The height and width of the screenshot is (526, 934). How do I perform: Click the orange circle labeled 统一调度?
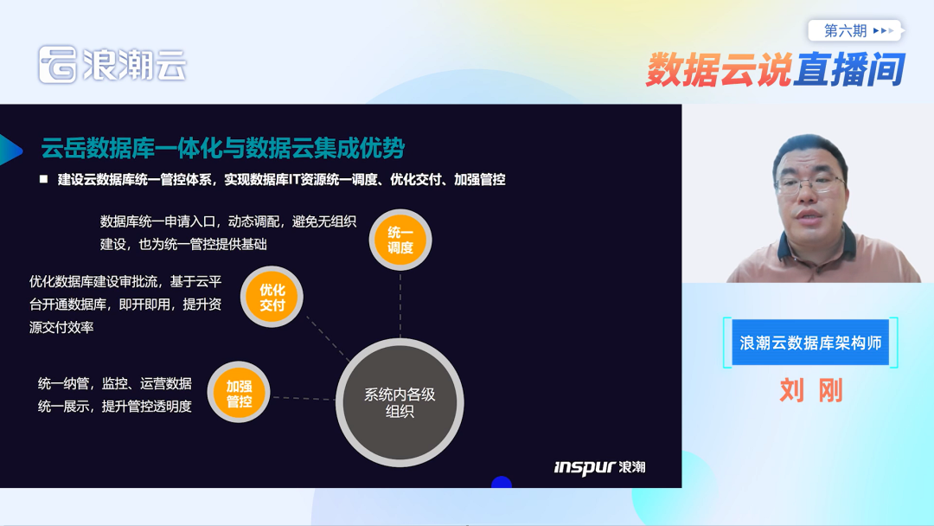point(400,240)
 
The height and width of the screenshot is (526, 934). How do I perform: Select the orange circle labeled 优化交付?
point(272,298)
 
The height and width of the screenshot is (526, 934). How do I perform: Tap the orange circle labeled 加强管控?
point(240,394)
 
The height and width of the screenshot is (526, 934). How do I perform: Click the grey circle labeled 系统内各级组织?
point(400,402)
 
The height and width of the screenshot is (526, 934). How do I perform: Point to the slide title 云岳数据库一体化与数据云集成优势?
point(222,148)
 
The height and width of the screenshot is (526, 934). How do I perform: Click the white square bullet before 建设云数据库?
point(43,179)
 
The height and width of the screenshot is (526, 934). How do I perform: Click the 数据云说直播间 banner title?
point(775,69)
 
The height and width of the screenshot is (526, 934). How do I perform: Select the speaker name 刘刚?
point(810,390)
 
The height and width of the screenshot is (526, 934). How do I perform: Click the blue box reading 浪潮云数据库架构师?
point(810,343)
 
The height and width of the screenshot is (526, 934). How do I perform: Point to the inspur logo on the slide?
point(599,467)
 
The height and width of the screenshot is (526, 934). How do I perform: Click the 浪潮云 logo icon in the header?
point(58,65)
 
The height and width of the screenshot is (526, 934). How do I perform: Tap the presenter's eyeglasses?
point(809,183)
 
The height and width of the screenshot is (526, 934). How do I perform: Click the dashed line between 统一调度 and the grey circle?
point(400,303)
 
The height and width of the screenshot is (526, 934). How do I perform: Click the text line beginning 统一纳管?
point(115,383)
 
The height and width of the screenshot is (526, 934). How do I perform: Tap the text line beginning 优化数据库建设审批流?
point(125,281)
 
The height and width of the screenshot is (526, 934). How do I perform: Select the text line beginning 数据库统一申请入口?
point(228,221)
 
